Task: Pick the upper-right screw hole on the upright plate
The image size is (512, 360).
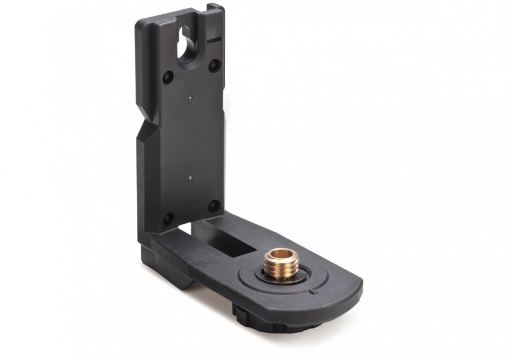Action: click(213, 63)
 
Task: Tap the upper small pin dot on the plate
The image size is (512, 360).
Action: click(191, 96)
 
